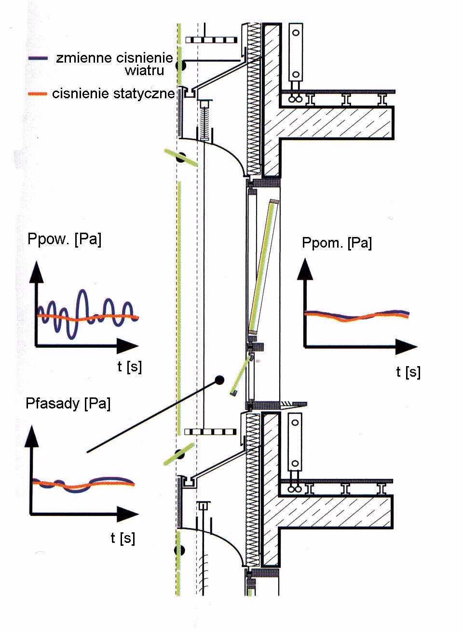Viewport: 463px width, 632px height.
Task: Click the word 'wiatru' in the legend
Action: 144,71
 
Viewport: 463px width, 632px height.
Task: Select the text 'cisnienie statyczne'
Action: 113,93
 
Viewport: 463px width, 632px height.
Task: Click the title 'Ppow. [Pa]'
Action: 65,239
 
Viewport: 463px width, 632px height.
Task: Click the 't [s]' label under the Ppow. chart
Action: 129,367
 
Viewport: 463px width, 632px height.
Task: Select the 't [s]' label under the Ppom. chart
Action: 408,372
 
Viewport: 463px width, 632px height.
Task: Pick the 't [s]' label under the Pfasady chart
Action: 123,538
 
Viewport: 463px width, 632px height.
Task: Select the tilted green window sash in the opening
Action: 263,267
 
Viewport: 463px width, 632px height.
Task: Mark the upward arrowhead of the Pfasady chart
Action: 32,436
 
